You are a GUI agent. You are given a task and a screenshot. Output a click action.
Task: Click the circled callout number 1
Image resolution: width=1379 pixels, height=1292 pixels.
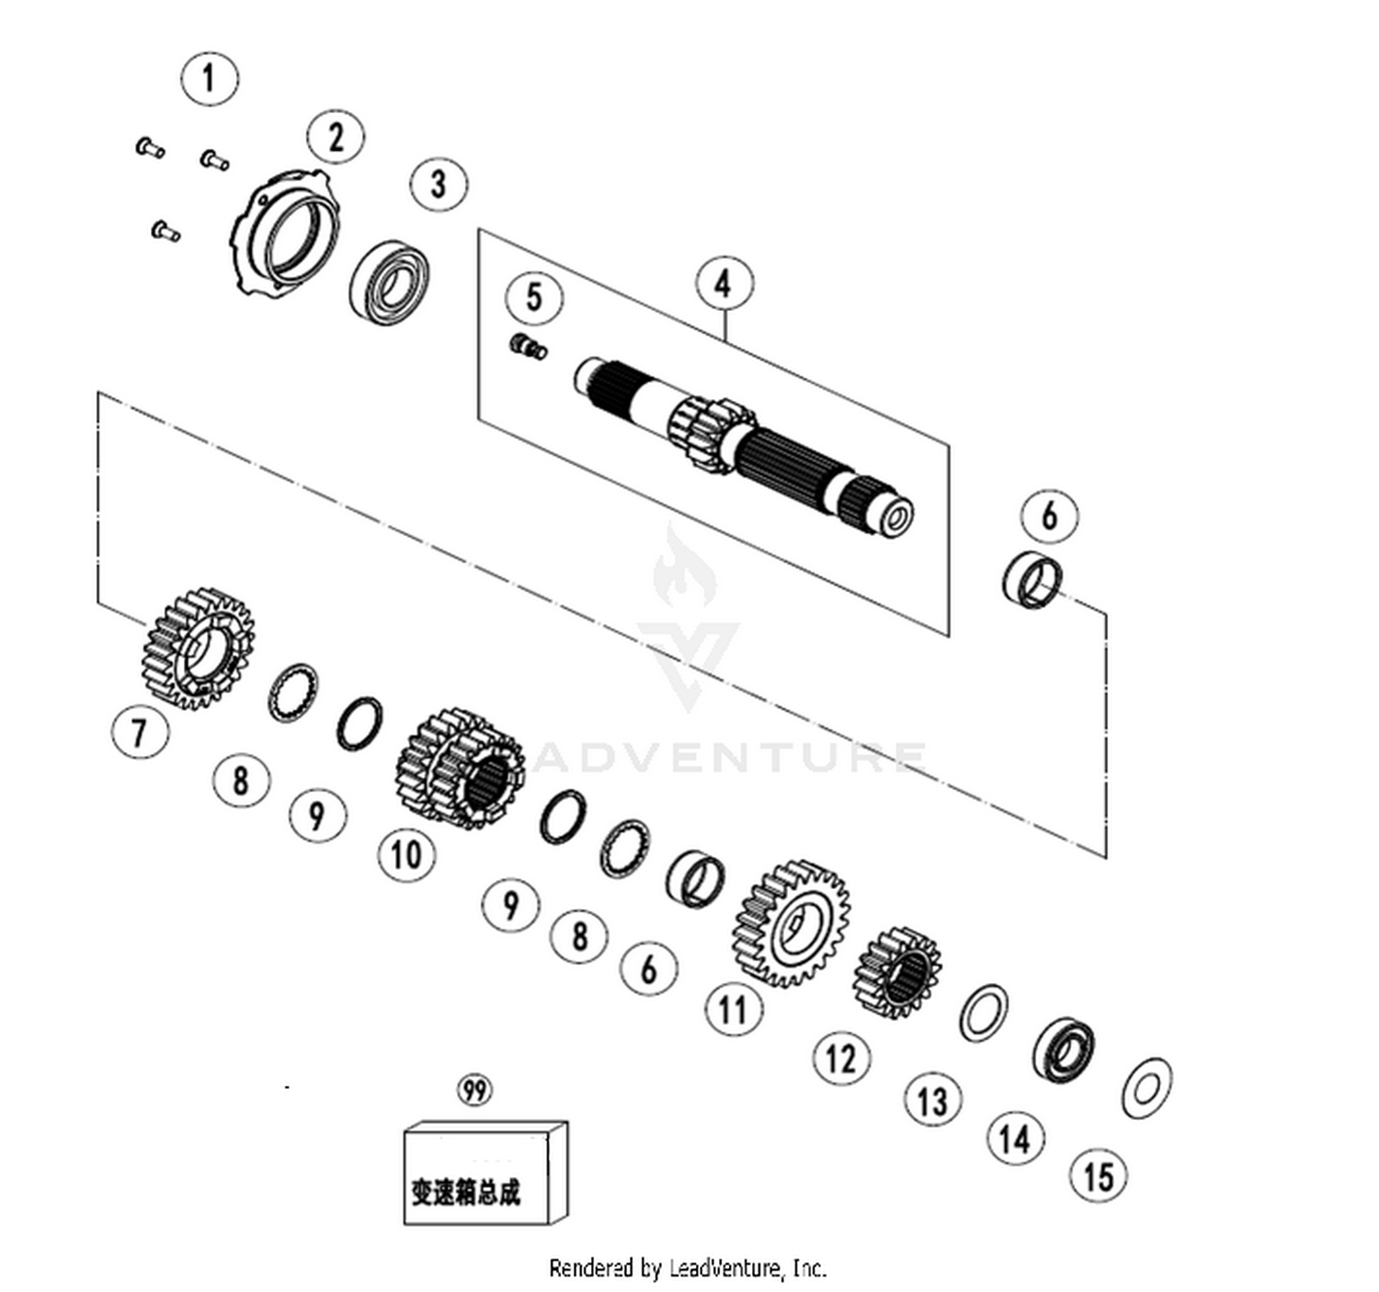pyautogui.click(x=210, y=78)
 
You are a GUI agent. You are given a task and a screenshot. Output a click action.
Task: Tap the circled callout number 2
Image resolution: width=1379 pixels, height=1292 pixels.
pyautogui.click(x=336, y=136)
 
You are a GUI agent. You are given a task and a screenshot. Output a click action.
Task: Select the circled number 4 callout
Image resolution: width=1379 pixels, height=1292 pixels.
pyautogui.click(x=724, y=284)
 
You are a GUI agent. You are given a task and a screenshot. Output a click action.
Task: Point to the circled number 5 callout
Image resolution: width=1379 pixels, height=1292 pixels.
pyautogui.click(x=534, y=297)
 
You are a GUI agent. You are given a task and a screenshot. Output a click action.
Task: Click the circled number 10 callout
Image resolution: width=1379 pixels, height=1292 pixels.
pyautogui.click(x=407, y=853)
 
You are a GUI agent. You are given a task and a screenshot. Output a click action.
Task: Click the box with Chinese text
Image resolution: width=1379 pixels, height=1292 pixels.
pyautogui.click(x=485, y=1173)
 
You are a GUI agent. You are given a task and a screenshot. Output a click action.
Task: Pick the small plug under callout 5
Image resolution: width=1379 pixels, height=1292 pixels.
pyautogui.click(x=529, y=346)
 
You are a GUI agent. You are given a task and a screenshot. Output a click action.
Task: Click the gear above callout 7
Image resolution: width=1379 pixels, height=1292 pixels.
pyautogui.click(x=199, y=649)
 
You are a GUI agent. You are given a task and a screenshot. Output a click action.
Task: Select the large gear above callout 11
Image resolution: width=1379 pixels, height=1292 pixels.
pyautogui.click(x=791, y=924)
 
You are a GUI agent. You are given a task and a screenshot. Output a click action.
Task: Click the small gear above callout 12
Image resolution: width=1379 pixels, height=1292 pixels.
pyautogui.click(x=897, y=974)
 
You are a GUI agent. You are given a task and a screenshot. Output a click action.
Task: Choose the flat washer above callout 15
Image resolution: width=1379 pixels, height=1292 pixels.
pyautogui.click(x=1147, y=1089)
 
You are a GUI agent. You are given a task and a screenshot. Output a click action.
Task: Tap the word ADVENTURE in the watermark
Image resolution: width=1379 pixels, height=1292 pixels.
pyautogui.click(x=729, y=757)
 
